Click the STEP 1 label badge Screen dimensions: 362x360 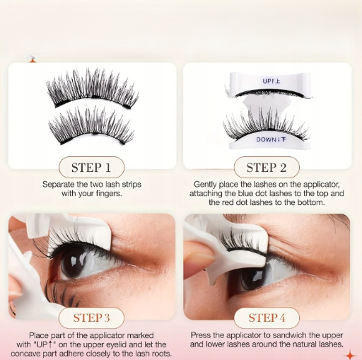click(x=91, y=167)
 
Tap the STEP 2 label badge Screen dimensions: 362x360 click(x=267, y=167)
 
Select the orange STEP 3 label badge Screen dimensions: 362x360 click(x=91, y=318)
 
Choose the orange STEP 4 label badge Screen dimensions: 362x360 click(x=267, y=318)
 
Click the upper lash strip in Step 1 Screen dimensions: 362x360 click(x=93, y=89)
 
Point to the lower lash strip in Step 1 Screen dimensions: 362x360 click(x=91, y=126)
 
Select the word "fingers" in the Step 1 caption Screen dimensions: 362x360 click(x=109, y=194)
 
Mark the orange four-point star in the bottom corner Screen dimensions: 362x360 click(x=351, y=355)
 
